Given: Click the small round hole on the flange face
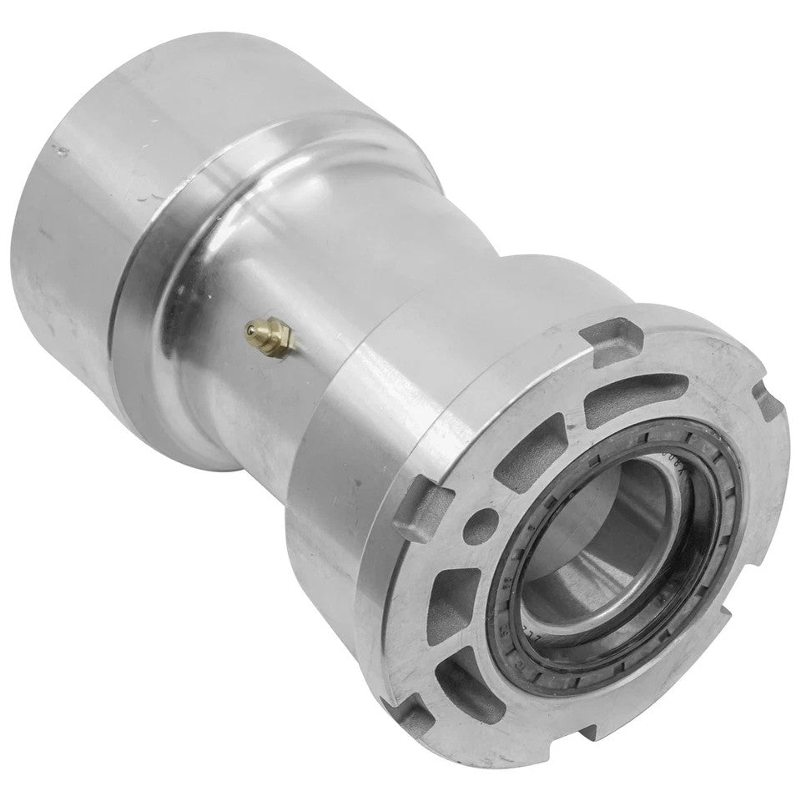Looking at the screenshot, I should pos(476,527).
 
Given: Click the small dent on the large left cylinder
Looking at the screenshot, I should pos(60,151).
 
